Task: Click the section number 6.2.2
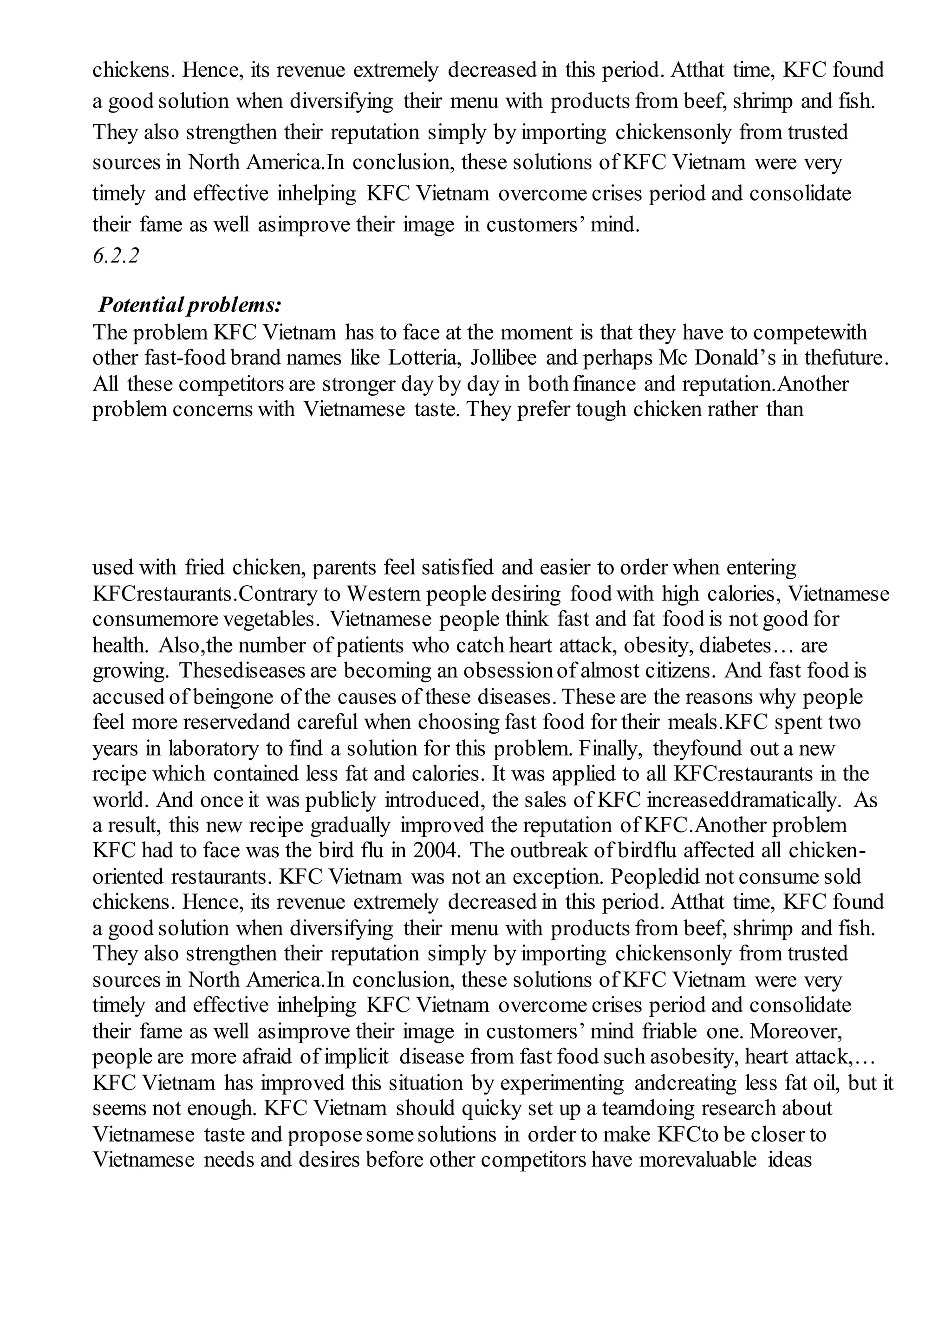[x=116, y=256]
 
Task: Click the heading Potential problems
[x=190, y=305]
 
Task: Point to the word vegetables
[x=271, y=619]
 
